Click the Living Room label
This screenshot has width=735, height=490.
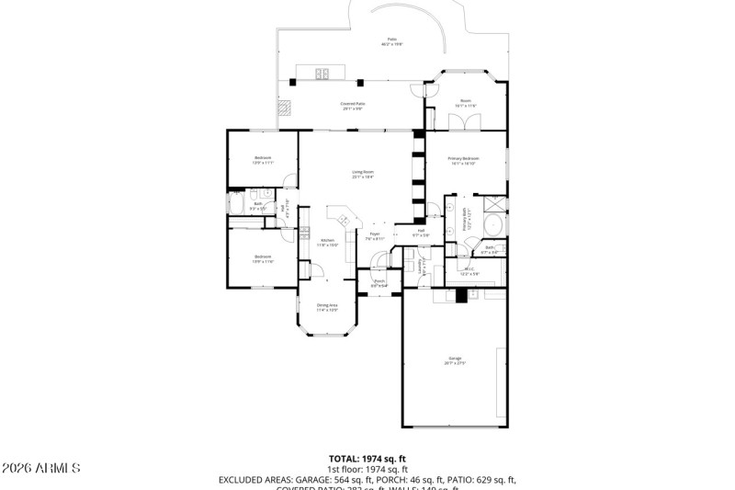tap(363, 174)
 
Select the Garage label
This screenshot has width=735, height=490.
tap(455, 360)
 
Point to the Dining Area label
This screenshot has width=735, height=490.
tap(327, 307)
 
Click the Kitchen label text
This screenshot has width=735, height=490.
tap(328, 242)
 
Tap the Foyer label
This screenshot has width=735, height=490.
tap(375, 236)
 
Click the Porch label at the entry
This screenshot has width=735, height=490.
tap(379, 283)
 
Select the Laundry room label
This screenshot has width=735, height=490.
tap(420, 268)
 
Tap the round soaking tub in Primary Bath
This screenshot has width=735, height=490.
tap(492, 225)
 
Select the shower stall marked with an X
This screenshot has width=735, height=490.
tap(494, 204)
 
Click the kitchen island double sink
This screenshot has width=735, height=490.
tap(345, 219)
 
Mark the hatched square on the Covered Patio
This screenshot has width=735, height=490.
tap(288, 108)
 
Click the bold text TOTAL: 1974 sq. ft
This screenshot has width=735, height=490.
tap(367, 458)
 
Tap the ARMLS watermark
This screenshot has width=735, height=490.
tap(41, 469)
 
